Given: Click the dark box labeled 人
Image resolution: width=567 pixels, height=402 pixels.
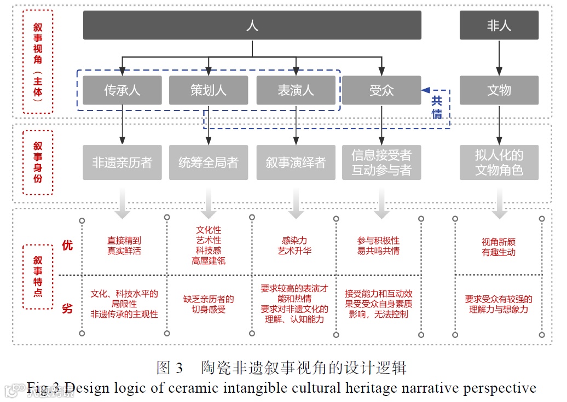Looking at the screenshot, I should coord(252,25).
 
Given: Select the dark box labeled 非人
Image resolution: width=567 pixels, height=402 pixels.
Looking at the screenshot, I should coord(499,25).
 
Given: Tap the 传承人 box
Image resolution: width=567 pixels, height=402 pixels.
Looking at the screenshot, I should coord(122,90).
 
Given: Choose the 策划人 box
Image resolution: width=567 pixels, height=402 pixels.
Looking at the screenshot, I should coord(208,90).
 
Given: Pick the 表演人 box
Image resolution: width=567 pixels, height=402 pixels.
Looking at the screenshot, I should coord(296,90).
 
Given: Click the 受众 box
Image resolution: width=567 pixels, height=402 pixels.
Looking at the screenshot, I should coord(381,90).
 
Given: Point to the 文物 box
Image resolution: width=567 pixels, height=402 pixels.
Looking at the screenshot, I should coord(499,90).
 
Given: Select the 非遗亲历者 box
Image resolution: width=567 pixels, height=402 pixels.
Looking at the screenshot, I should coord(122,162).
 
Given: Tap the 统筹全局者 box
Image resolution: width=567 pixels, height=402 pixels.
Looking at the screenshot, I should coord(208,162).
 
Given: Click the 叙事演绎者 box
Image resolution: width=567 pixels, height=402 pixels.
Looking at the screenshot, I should coord(296,162).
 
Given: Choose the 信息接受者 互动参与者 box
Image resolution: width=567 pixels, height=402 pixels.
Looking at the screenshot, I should coord(381,162).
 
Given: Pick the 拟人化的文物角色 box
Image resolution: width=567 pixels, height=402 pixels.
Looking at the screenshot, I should coord(499,162).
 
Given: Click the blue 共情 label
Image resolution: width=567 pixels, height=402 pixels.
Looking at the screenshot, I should coord(437,107).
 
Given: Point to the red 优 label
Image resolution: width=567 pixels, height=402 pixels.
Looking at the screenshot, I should coord(67,246).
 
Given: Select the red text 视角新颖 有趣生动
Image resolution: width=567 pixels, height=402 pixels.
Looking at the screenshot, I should coord(499,247).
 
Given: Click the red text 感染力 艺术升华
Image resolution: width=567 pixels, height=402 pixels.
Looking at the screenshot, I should coord(296,246).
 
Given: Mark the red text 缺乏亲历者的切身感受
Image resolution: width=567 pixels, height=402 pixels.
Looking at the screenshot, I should coord(208,305).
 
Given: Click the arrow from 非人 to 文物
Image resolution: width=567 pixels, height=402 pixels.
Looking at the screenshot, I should coord(499,57).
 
